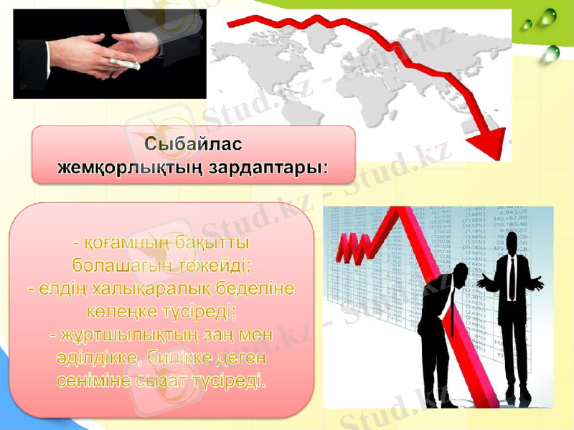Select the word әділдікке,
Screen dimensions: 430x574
click(x=100, y=357)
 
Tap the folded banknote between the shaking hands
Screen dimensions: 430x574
click(x=126, y=62)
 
